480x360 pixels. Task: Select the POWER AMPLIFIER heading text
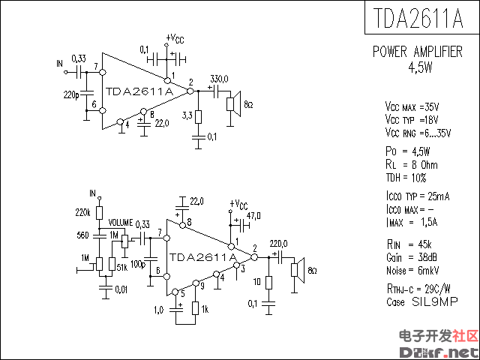[418, 52]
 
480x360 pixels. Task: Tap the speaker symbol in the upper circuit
[233, 104]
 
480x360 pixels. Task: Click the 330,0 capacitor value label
[219, 79]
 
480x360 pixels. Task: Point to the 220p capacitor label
[71, 95]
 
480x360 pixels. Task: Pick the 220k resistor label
[83, 213]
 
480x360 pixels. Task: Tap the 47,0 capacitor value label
[253, 216]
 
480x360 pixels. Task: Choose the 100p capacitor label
[137, 264]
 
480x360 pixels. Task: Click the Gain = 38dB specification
[412, 256]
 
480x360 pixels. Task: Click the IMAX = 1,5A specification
[412, 222]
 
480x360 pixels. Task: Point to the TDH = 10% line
[406, 178]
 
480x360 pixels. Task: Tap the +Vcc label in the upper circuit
[173, 37]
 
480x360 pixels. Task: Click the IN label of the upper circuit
[60, 64]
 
